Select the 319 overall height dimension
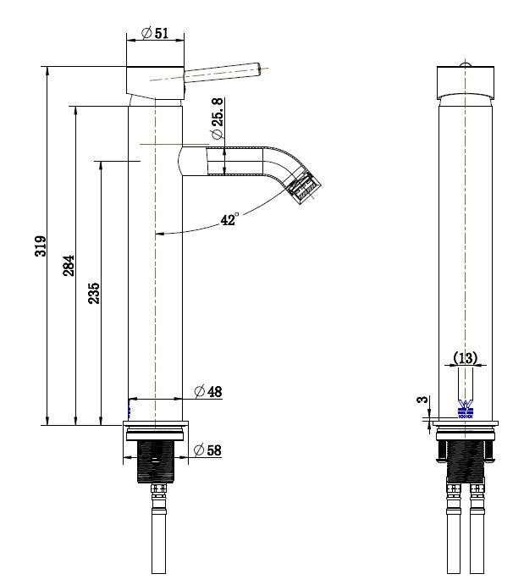(x=40, y=246)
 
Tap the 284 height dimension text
(x=69, y=265)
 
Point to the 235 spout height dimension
(x=94, y=293)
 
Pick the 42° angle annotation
(x=229, y=220)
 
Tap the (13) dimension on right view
(x=464, y=358)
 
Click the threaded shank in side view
(x=155, y=461)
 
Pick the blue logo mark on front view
(x=464, y=410)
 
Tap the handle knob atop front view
(x=464, y=63)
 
